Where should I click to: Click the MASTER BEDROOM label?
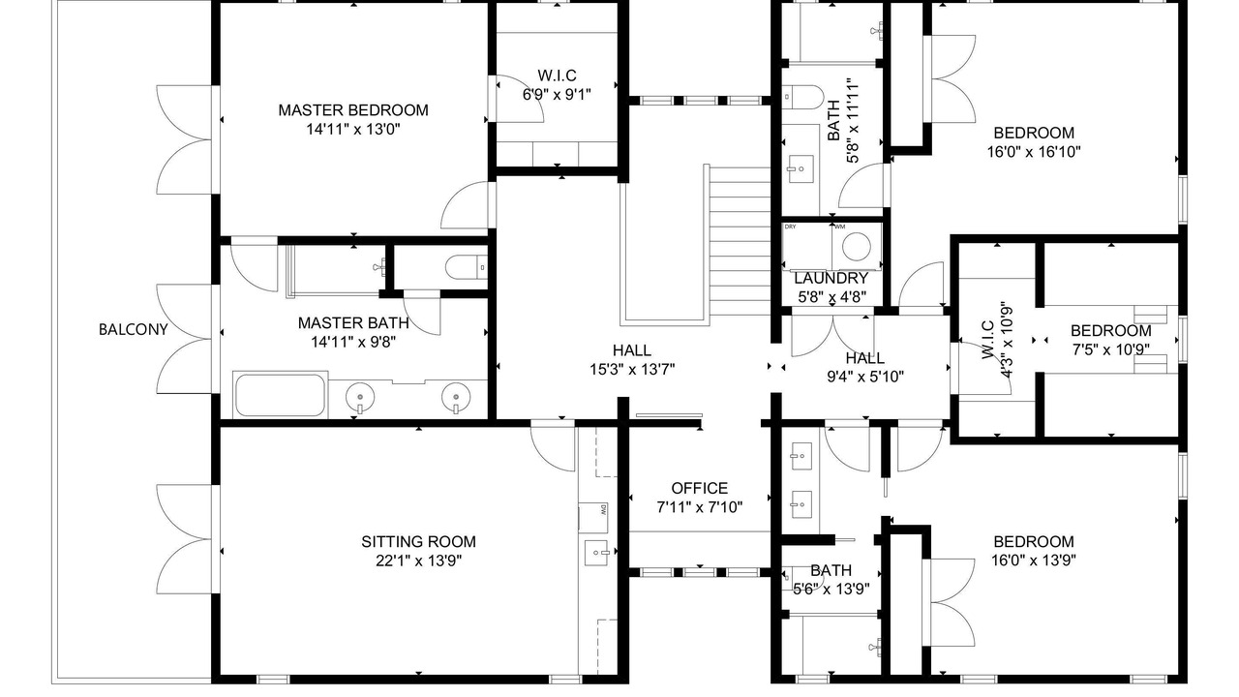tap(353, 110)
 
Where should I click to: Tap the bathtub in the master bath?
tap(281, 394)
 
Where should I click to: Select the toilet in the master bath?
tap(467, 268)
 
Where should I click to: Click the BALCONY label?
tap(133, 330)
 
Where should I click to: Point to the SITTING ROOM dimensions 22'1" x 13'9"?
tap(419, 561)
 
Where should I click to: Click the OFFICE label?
tap(700, 489)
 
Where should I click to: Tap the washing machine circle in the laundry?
tap(857, 247)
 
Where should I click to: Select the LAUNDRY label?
tap(831, 278)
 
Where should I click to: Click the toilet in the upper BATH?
tap(802, 97)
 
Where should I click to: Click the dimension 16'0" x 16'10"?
tap(1034, 152)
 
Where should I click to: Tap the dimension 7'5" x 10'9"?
tap(1111, 349)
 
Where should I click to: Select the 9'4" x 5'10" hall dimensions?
tap(865, 378)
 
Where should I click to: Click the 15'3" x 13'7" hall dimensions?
tap(632, 370)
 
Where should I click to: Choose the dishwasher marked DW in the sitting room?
tap(593, 517)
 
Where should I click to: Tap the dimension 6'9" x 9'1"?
tap(557, 95)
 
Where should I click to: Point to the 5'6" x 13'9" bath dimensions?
tap(831, 590)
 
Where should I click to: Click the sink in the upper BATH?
tap(801, 169)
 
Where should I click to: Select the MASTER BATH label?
tap(353, 323)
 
